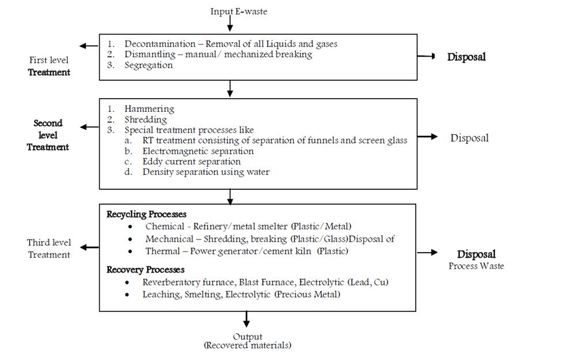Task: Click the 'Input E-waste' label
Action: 239,12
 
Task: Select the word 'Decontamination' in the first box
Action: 160,44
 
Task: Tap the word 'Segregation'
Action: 148,65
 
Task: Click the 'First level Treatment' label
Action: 49,66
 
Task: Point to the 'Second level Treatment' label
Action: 48,135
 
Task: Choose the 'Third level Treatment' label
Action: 49,249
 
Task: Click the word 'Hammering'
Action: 149,108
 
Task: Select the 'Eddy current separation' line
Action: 191,162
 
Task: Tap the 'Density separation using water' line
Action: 206,172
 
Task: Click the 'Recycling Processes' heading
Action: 146,215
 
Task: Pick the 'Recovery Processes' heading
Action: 145,269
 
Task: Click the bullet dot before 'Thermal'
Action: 130,252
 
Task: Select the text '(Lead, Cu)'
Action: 368,282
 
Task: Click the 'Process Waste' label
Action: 476,266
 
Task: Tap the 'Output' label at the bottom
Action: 248,337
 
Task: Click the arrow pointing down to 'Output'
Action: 246,319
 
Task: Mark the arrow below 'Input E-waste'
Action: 230,24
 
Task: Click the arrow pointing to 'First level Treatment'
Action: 89,46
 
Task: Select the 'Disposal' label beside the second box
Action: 470,138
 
